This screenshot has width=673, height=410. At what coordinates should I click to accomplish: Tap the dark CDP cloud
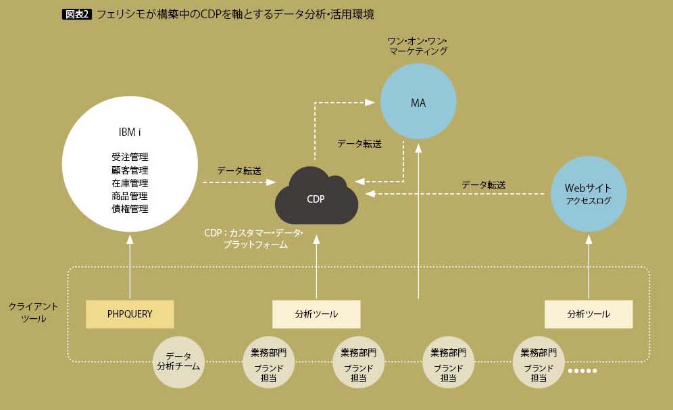316,197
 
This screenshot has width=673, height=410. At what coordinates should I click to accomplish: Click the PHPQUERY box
130,314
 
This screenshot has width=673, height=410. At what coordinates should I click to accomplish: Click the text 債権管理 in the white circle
130,209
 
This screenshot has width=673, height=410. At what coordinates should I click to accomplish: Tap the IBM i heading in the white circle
130,132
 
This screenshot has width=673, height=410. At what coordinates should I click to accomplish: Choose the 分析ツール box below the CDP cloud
316,314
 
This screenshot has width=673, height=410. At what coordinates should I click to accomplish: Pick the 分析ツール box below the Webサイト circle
589,314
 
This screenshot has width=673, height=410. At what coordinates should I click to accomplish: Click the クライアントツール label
28,312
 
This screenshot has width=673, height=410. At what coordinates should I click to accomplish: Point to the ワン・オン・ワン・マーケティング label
418,45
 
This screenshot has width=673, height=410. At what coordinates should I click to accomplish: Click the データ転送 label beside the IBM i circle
239,171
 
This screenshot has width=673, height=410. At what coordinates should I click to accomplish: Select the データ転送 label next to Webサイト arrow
483,184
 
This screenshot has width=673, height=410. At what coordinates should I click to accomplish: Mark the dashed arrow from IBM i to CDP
239,182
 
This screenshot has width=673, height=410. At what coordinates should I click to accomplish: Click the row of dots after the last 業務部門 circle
582,371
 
